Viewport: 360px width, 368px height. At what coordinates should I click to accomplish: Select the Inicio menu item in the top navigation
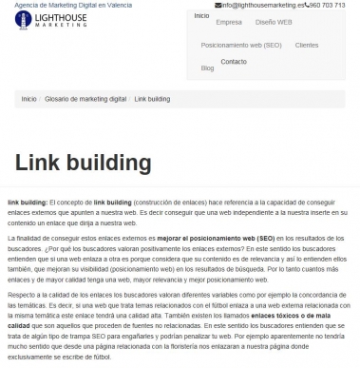click(x=201, y=16)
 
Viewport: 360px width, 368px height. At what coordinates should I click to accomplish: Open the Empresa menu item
click(x=229, y=21)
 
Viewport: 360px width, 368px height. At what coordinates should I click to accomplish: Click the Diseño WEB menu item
click(x=275, y=21)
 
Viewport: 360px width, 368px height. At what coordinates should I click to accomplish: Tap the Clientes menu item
click(x=307, y=45)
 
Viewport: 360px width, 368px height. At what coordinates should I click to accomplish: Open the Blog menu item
click(x=207, y=68)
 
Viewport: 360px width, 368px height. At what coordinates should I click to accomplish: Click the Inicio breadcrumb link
click(x=28, y=98)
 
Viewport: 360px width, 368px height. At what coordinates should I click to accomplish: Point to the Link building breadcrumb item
click(x=152, y=98)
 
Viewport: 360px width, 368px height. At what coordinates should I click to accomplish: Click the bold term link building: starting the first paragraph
click(x=27, y=203)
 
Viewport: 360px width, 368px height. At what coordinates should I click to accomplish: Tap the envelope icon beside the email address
click(x=218, y=5)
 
